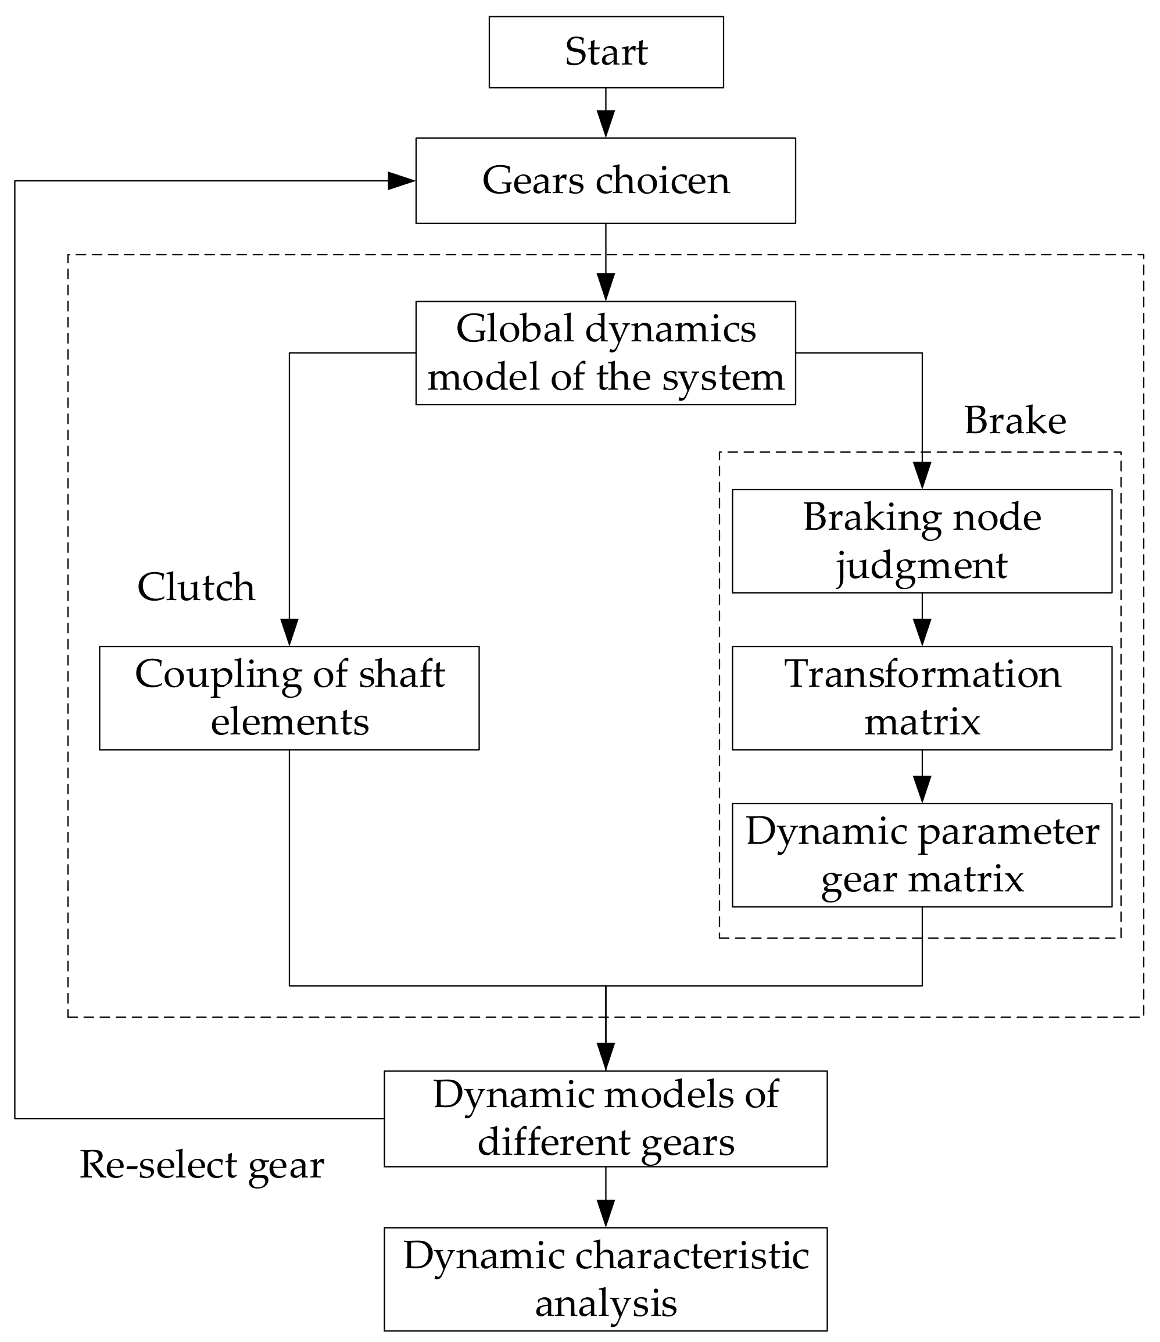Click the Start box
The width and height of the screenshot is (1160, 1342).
[606, 52]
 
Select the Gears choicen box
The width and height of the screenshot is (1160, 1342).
[606, 181]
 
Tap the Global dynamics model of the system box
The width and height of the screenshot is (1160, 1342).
[606, 353]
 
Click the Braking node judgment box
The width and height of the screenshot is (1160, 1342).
[922, 541]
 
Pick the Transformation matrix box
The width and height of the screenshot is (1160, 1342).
[922, 698]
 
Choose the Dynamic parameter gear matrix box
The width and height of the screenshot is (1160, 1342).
[922, 855]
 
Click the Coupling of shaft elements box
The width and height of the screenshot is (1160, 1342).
[289, 698]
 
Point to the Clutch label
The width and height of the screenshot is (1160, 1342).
[196, 587]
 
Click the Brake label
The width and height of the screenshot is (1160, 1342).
[1015, 421]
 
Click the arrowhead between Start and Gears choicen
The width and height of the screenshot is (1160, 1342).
[606, 123]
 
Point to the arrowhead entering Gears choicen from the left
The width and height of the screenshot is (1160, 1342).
[400, 181]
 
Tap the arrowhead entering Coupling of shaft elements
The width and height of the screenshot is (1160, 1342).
[289, 631]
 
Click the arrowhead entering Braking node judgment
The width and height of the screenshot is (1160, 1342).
[922, 474]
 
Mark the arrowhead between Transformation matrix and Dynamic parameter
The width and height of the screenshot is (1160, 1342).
[922, 789]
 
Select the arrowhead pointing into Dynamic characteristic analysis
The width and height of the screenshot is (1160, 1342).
[606, 1212]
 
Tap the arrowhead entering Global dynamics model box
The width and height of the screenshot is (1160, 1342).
[606, 287]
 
